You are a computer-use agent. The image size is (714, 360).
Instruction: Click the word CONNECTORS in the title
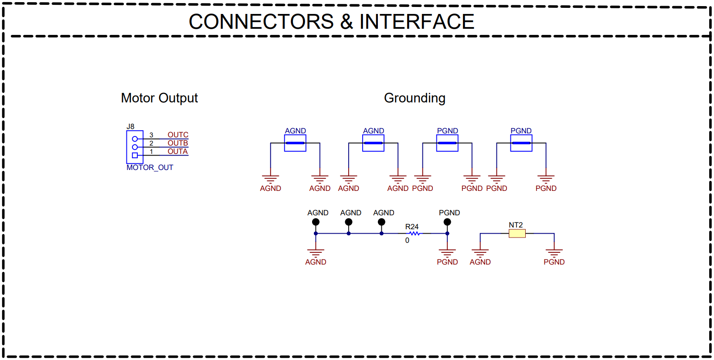(x=261, y=22)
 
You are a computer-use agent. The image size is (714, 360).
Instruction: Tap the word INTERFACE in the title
(x=417, y=22)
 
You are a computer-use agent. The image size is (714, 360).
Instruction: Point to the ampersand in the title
(x=347, y=22)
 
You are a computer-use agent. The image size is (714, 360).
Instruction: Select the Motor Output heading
(x=159, y=98)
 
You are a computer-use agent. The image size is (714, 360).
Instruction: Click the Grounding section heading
(x=415, y=98)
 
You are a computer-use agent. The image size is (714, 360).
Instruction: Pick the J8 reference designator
(x=130, y=127)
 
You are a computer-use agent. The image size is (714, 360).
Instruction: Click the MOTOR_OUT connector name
(x=150, y=167)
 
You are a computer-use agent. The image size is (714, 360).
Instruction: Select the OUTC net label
(x=178, y=135)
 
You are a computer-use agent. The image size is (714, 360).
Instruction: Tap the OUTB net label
(x=178, y=143)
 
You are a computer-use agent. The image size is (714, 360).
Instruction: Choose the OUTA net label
(x=177, y=151)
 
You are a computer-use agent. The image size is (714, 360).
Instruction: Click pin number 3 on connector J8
(x=151, y=135)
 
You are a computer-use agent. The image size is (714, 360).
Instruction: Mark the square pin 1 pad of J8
(x=135, y=155)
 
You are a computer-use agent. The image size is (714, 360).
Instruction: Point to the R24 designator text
(x=411, y=227)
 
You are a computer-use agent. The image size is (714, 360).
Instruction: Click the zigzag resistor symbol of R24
(x=414, y=234)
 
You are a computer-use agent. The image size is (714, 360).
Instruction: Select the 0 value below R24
(x=407, y=240)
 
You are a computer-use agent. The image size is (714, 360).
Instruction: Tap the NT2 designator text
(x=516, y=225)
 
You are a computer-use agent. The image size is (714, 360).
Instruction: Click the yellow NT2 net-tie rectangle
(x=517, y=234)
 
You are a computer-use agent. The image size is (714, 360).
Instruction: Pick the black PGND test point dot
(x=447, y=222)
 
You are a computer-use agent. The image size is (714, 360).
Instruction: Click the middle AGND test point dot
(x=349, y=222)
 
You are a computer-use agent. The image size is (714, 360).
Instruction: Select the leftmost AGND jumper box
(x=295, y=143)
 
